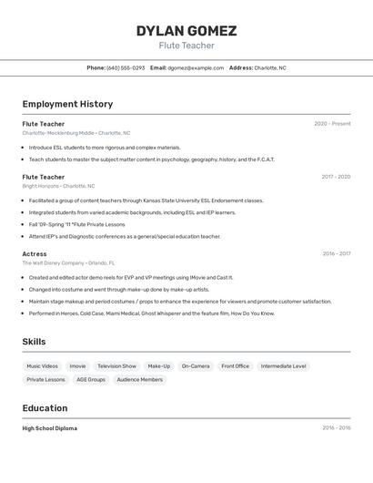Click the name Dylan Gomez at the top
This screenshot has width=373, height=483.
tap(186, 31)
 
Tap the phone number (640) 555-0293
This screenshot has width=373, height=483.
tap(126, 67)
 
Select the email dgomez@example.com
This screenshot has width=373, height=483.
tap(196, 67)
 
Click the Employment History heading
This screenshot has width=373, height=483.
tap(67, 104)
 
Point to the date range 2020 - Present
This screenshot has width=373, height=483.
tap(332, 124)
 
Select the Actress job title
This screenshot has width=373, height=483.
tap(35, 254)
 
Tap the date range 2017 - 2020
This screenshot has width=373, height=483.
tap(336, 177)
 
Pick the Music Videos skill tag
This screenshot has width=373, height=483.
tap(42, 366)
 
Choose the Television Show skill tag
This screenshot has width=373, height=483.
tap(116, 366)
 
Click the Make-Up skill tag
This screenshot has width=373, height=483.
tap(159, 366)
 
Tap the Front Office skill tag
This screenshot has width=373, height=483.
tap(235, 366)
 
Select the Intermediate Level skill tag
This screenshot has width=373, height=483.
tap(283, 366)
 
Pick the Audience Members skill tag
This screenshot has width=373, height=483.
tap(140, 379)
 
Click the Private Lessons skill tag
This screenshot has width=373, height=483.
tap(45, 379)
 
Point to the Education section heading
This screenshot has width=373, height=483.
tap(45, 408)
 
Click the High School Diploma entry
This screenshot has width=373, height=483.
tap(49, 428)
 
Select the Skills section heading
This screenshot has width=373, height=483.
tap(34, 342)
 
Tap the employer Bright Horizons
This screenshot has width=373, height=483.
tap(41, 186)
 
